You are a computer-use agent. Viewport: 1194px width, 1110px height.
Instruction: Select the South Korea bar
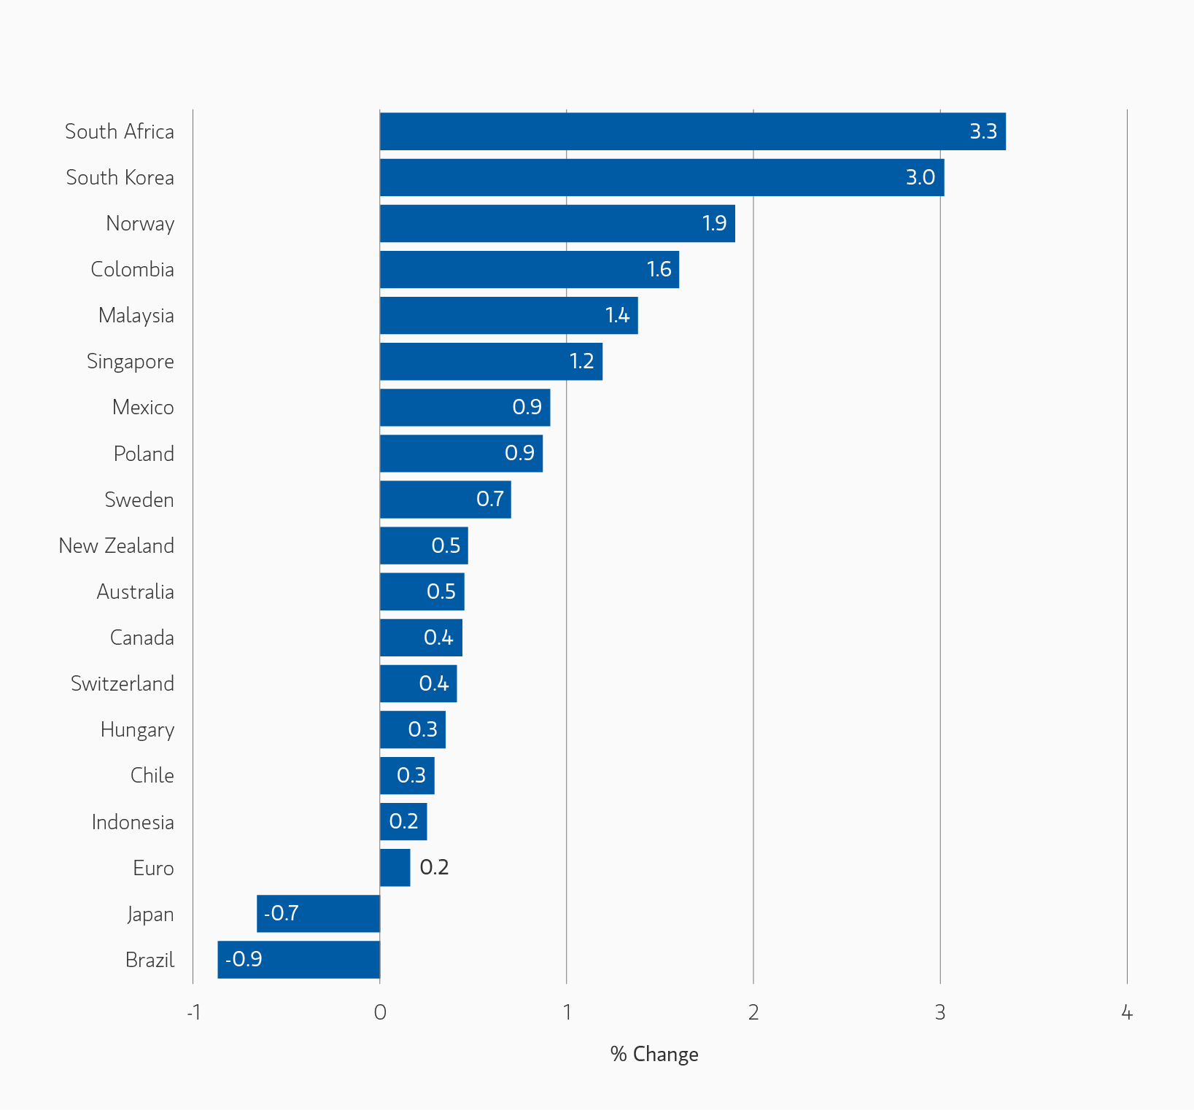661,177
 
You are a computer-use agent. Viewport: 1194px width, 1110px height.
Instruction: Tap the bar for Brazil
298,959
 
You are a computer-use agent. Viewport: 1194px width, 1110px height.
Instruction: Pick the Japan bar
318,913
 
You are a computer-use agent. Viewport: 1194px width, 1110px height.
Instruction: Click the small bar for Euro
395,867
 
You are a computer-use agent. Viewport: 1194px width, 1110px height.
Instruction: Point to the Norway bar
557,223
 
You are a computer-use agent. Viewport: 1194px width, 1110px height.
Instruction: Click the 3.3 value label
982,131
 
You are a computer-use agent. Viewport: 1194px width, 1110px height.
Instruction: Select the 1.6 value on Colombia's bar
659,269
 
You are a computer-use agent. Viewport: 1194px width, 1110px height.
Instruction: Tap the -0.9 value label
244,959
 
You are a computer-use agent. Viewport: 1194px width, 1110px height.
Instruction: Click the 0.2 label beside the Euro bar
434,867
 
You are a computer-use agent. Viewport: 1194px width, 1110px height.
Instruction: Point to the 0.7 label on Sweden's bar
490,499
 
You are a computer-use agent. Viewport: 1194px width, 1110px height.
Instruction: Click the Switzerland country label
123,683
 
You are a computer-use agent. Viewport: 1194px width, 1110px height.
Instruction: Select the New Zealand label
117,546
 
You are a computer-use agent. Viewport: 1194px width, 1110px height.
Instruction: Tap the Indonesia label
133,822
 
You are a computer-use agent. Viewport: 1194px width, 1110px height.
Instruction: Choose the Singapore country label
131,362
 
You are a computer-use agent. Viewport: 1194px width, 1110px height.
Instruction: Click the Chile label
152,775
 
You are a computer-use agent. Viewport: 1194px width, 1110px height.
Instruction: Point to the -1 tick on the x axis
193,1012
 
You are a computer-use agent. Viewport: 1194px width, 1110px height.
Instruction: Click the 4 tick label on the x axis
1127,1012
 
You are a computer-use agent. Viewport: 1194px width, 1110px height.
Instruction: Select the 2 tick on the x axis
753,1012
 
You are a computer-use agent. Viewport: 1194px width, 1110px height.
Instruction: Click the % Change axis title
654,1054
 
